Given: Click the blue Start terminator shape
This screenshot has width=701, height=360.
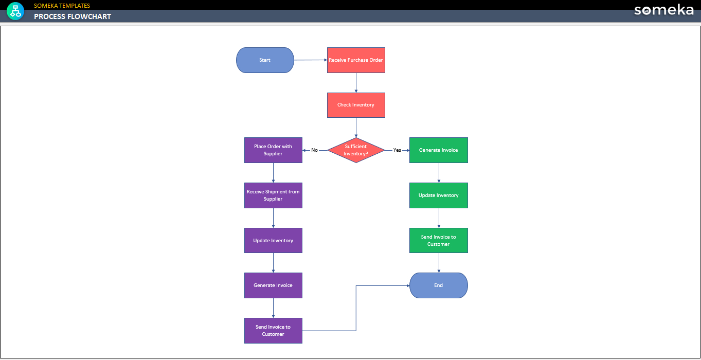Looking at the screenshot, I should click(265, 60).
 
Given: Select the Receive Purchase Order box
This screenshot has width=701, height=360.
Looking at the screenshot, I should click(356, 60).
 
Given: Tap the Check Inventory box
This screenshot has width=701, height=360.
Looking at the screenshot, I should click(356, 105).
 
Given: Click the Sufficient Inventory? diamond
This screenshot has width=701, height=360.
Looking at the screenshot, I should click(356, 150).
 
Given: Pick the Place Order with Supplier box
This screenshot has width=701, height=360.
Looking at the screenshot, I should click(273, 150).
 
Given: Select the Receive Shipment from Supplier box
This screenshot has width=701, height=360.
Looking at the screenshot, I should click(273, 195).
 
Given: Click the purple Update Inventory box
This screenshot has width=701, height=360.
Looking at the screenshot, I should click(273, 241).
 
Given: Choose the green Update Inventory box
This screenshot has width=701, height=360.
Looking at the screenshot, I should click(439, 195).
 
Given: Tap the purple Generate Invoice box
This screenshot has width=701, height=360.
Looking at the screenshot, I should click(273, 285).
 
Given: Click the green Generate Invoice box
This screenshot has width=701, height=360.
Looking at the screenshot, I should click(439, 150).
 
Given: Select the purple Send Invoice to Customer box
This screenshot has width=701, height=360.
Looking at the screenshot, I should click(273, 331).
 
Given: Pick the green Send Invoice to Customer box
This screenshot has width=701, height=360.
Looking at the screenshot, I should click(439, 241).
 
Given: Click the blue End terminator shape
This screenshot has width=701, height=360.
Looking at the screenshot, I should click(439, 285).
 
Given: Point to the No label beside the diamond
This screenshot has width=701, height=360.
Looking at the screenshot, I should click(315, 150).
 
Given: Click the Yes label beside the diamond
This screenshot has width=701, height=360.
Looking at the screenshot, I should click(397, 150).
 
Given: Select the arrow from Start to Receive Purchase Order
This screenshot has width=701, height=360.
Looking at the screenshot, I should click(310, 60).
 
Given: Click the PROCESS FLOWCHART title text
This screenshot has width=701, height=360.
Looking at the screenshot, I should click(73, 16).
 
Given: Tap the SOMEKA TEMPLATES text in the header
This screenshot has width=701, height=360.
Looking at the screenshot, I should click(62, 6).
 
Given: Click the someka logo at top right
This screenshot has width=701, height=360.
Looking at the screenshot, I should click(663, 10).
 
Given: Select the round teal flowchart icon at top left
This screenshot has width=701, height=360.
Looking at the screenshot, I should click(15, 11).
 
